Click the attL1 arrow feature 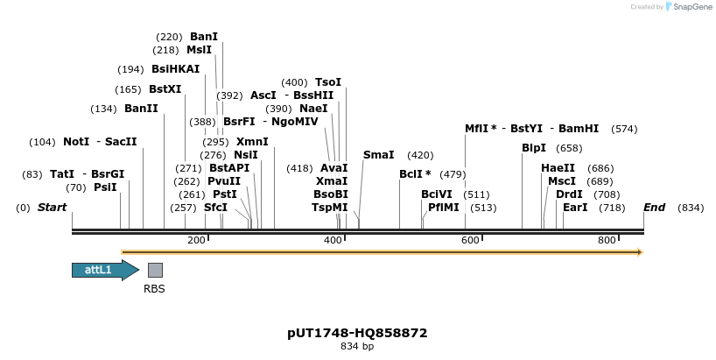103,270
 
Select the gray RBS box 155,270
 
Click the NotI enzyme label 76,142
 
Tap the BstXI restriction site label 165,89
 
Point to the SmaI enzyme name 378,155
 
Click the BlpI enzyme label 534,148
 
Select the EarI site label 575,208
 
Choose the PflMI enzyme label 444,208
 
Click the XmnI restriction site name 252,142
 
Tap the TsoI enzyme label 328,82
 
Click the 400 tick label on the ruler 333,240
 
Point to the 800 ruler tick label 607,240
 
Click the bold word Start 52,208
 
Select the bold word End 654,208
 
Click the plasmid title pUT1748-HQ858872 357,333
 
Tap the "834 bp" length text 357,347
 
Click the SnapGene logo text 691,7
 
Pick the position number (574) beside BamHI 624,129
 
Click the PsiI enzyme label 105,187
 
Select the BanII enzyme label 141,109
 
